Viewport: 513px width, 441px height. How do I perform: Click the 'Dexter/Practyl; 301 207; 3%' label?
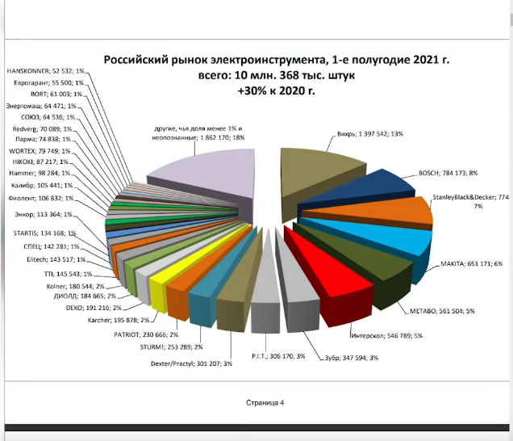191,363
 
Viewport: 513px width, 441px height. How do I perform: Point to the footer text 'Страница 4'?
265,401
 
